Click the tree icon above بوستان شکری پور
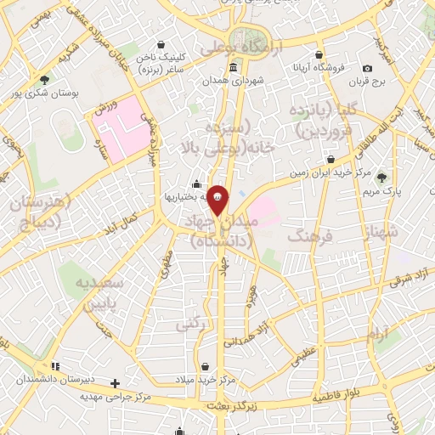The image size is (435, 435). pos(44,80)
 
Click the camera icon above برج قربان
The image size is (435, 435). pos(367,68)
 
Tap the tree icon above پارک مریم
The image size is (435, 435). pos(383,178)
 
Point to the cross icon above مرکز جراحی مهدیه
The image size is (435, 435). pos(116,383)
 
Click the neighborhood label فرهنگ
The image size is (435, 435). pos(307,235)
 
